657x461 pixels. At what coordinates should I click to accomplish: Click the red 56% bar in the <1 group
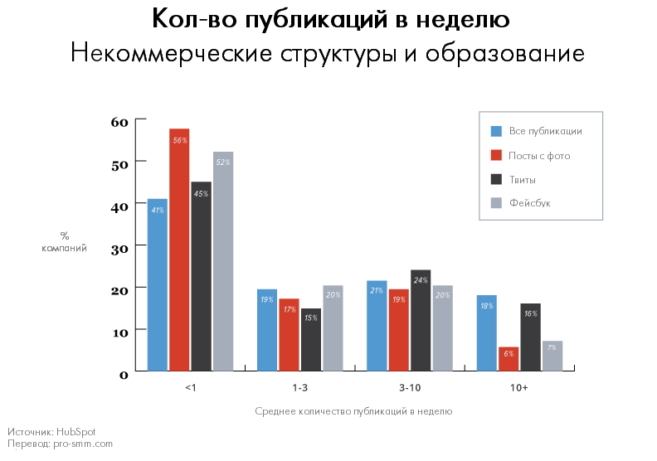[180, 249]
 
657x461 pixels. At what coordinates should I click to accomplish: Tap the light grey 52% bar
[223, 260]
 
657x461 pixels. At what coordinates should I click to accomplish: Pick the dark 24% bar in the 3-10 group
[421, 320]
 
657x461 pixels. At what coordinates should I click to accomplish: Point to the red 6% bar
[509, 358]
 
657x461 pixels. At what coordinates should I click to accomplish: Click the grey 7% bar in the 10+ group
[552, 355]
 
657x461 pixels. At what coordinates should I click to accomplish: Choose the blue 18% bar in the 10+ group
[486, 332]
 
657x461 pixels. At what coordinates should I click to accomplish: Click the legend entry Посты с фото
[539, 155]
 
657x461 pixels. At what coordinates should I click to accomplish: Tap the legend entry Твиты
[522, 179]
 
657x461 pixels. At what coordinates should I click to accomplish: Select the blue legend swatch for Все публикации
[497, 131]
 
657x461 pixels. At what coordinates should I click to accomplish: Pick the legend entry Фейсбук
[529, 202]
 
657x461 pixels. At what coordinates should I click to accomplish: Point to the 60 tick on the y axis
[119, 121]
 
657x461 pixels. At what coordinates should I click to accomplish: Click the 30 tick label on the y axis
[119, 247]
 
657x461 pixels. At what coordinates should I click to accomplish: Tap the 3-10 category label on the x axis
[407, 387]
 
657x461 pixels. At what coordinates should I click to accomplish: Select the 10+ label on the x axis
[519, 387]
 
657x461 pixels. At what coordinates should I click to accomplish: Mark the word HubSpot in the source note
[79, 432]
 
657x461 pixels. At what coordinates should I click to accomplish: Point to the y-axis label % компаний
[64, 241]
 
